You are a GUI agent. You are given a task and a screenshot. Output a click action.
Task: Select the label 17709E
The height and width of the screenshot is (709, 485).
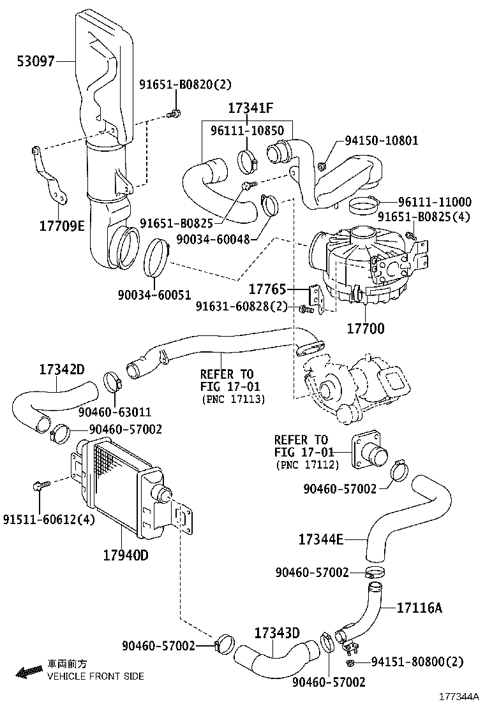(63, 226)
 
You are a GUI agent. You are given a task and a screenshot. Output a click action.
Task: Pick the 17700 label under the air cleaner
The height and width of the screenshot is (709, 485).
(366, 329)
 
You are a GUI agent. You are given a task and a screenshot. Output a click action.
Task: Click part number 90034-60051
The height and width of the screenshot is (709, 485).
(154, 294)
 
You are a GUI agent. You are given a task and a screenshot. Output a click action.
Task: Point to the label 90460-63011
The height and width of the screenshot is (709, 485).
(115, 411)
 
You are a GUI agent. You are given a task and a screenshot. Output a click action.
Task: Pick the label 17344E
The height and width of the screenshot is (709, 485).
(321, 540)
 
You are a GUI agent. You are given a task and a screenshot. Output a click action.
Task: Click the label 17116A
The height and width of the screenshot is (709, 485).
(419, 608)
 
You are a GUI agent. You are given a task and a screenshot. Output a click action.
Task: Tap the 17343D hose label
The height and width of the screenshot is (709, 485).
(277, 633)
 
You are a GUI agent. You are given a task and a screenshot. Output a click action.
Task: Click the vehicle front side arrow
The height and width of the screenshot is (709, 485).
(28, 671)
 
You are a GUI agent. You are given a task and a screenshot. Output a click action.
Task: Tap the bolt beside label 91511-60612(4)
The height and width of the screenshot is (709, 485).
(38, 488)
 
